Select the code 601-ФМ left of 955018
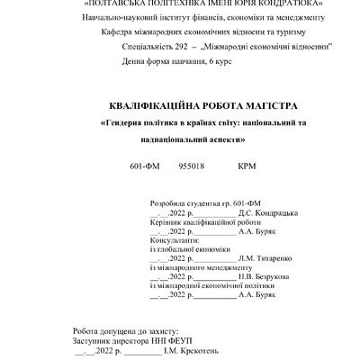[x=145, y=166]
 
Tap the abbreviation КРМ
[x=247, y=166]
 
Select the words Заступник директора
[x=111, y=341]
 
